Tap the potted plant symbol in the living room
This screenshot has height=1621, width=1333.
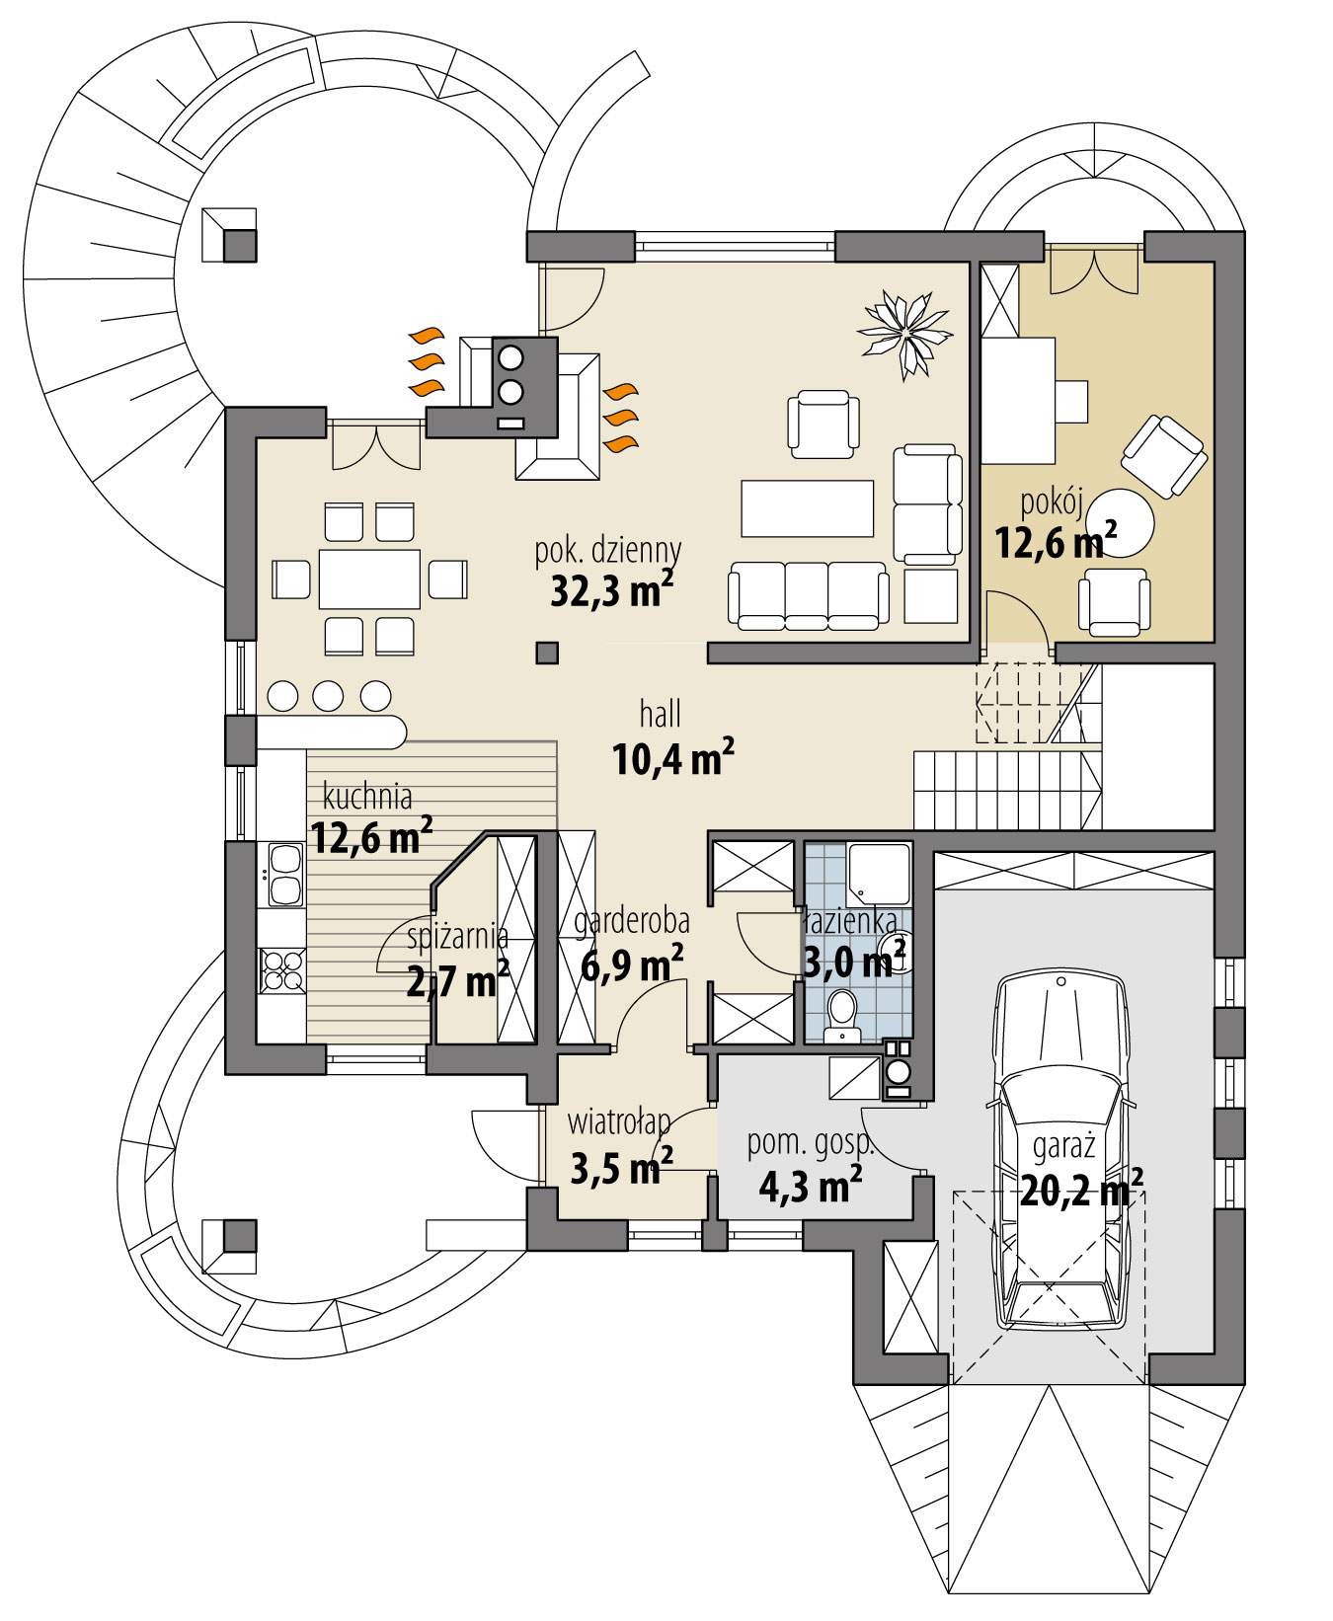pyautogui.click(x=905, y=333)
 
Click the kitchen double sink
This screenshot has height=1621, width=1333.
pyautogui.click(x=284, y=875)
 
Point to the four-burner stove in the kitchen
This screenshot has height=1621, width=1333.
pyautogui.click(x=281, y=969)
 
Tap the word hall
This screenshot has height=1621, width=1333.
pyautogui.click(x=660, y=714)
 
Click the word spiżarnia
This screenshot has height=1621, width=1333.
pyautogui.click(x=456, y=936)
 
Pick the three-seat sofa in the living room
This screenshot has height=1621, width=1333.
pyautogui.click(x=808, y=594)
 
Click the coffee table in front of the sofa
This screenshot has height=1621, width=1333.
pyautogui.click(x=807, y=507)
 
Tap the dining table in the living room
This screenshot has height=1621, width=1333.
pyautogui.click(x=369, y=579)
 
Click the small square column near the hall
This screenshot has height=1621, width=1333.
pyautogui.click(x=547, y=653)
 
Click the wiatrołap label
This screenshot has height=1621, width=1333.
pyautogui.click(x=618, y=1122)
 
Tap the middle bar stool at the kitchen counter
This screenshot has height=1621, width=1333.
pyautogui.click(x=328, y=696)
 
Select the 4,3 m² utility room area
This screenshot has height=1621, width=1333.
pyautogui.click(x=810, y=1185)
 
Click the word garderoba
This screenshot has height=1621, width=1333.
pyautogui.click(x=632, y=921)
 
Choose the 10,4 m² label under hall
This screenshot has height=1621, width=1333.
pyautogui.click(x=672, y=759)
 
